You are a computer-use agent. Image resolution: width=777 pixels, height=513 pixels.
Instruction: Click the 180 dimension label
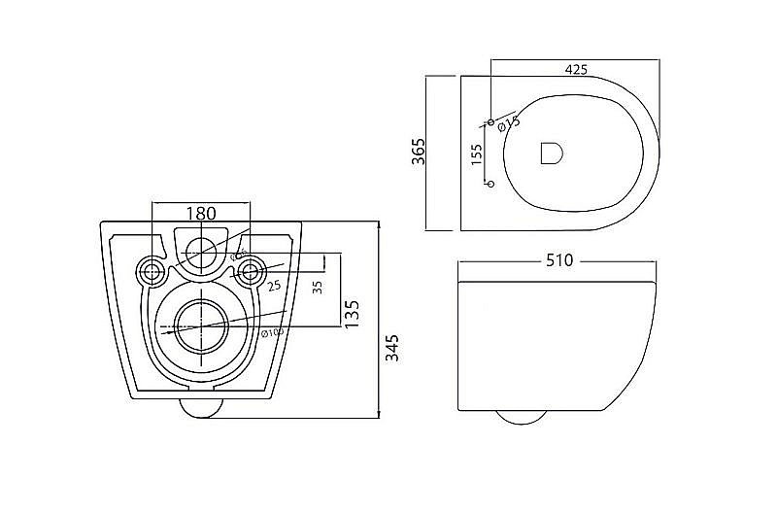pyautogui.click(x=201, y=213)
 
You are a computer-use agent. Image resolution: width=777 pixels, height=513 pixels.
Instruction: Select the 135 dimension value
pyautogui.click(x=354, y=312)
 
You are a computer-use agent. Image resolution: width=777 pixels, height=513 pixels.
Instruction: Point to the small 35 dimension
pyautogui.click(x=317, y=288)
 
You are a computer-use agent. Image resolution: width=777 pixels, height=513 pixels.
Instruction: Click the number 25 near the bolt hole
pyautogui.click(x=274, y=285)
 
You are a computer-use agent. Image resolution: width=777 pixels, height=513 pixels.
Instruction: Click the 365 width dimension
pyautogui.click(x=420, y=154)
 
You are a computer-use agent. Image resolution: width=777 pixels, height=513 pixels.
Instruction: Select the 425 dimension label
pyautogui.click(x=576, y=69)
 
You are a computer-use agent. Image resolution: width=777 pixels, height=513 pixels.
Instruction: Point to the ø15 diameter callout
pyautogui.click(x=509, y=122)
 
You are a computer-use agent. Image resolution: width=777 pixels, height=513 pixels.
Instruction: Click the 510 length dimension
pyautogui.click(x=559, y=259)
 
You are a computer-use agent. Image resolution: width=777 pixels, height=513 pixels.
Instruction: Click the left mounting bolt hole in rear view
pyautogui.click(x=151, y=270)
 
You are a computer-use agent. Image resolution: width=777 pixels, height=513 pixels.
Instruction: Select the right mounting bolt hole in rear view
pyautogui.click(x=251, y=270)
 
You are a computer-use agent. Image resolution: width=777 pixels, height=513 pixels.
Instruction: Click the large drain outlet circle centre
pyautogui.click(x=201, y=322)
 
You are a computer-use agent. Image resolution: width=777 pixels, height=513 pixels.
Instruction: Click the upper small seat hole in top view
pyautogui.click(x=490, y=121)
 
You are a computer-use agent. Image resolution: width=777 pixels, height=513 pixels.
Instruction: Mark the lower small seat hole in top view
pyautogui.click(x=490, y=183)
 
